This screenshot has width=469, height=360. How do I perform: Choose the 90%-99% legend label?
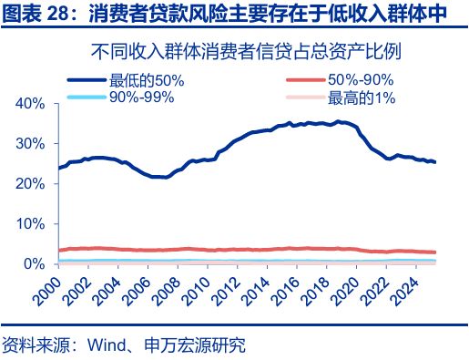(x=141, y=98)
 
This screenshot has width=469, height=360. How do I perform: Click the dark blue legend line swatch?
(x=86, y=80)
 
